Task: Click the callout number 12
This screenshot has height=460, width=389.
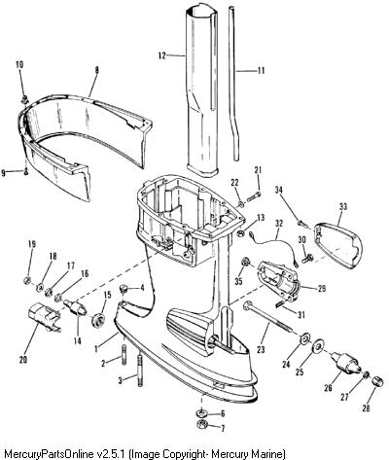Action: tap(161, 55)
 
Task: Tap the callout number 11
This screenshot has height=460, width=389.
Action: tap(261, 70)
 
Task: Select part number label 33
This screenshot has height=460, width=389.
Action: tap(343, 206)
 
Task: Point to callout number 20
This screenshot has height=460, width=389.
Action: tap(23, 360)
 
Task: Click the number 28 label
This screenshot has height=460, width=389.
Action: tap(366, 409)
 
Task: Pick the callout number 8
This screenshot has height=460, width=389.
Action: tap(96, 70)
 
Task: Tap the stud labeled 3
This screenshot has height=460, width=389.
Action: tap(140, 371)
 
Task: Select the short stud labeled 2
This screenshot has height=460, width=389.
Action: tap(124, 355)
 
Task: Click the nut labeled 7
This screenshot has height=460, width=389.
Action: tap(202, 423)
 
